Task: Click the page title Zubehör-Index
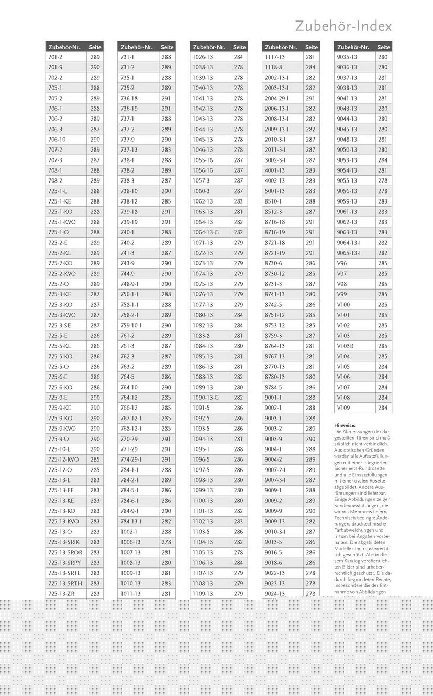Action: click(343, 26)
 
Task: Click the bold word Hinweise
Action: click(345, 425)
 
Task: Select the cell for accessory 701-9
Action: click(55, 67)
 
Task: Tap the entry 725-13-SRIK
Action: click(61, 542)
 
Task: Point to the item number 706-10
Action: click(57, 140)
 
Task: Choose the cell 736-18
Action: click(129, 98)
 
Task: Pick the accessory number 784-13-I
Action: click(131, 521)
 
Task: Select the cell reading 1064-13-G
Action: click(206, 232)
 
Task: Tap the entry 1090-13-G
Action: click(206, 398)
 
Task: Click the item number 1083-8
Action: click(201, 336)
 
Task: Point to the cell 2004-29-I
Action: click(276, 98)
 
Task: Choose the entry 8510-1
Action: click(273, 201)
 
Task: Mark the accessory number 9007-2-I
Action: click(275, 470)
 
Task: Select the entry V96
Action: click(341, 263)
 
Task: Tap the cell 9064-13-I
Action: click(349, 243)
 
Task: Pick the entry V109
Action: click(343, 408)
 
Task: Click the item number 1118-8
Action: click(273, 67)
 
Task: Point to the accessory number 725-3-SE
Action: click(59, 325)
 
